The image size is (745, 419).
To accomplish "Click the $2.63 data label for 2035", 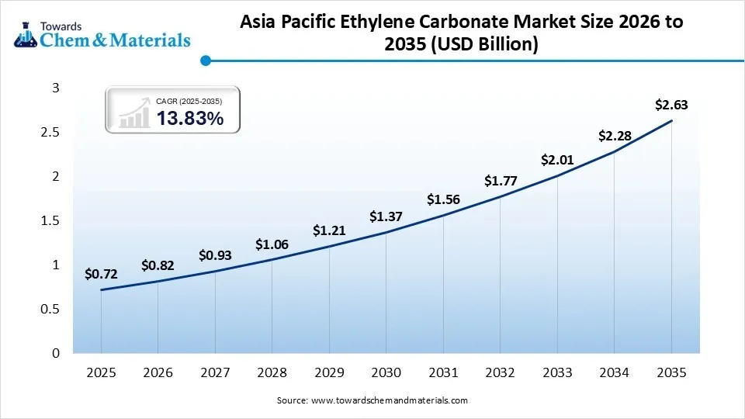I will (671, 105).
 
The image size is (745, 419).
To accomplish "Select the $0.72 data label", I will (101, 274).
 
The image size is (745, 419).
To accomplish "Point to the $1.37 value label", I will (386, 216).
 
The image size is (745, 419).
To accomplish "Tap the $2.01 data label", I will (557, 161).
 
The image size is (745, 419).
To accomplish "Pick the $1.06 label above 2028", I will (272, 245).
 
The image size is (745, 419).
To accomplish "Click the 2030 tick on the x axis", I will (386, 373).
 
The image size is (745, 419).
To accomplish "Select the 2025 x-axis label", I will (101, 373).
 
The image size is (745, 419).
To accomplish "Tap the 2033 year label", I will (557, 373).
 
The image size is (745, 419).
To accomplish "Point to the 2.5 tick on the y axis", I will (50, 133).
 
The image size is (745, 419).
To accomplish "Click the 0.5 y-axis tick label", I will (50, 310).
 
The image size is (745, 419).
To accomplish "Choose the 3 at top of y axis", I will (55, 88).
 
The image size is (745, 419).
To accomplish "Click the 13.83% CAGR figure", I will (190, 119).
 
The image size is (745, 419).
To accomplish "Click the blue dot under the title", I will (205, 61).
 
